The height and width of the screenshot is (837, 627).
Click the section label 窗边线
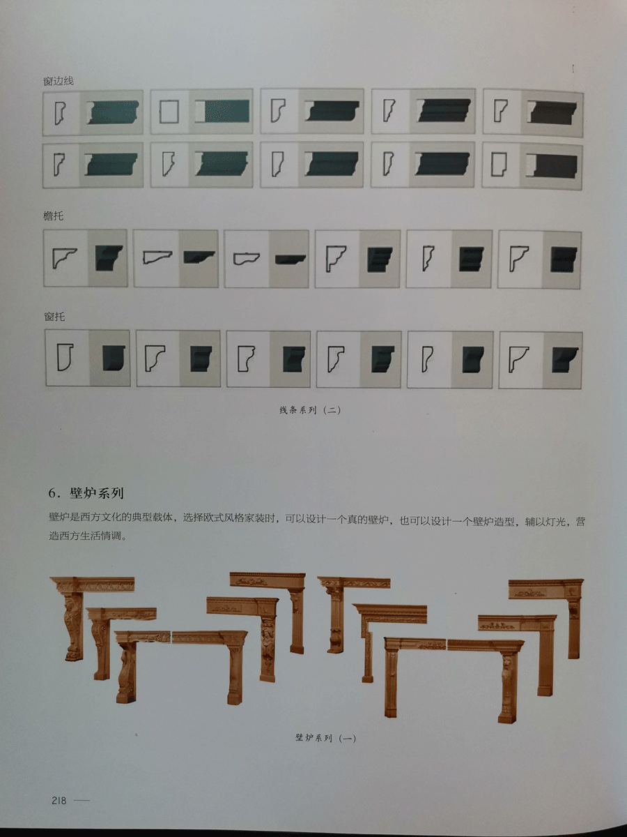(59, 80)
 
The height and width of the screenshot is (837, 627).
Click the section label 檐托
(54, 216)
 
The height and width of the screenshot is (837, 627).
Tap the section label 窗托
(54, 317)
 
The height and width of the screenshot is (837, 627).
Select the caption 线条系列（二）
(310, 410)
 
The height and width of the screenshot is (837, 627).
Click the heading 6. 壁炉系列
(86, 493)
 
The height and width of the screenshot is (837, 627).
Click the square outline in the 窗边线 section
(169, 112)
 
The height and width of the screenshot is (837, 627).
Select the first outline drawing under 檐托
(64, 257)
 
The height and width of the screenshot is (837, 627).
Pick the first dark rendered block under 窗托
(114, 358)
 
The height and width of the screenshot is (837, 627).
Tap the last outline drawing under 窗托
(519, 359)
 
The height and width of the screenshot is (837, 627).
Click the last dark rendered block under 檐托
(564, 259)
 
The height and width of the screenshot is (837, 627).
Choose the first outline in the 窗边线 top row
(60, 113)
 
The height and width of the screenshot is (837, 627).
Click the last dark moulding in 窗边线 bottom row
(552, 166)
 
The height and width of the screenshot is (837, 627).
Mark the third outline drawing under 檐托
(246, 259)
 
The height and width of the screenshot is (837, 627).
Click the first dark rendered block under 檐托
(109, 257)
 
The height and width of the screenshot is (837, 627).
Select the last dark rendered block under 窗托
(565, 360)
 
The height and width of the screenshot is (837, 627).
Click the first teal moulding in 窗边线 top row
(112, 112)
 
